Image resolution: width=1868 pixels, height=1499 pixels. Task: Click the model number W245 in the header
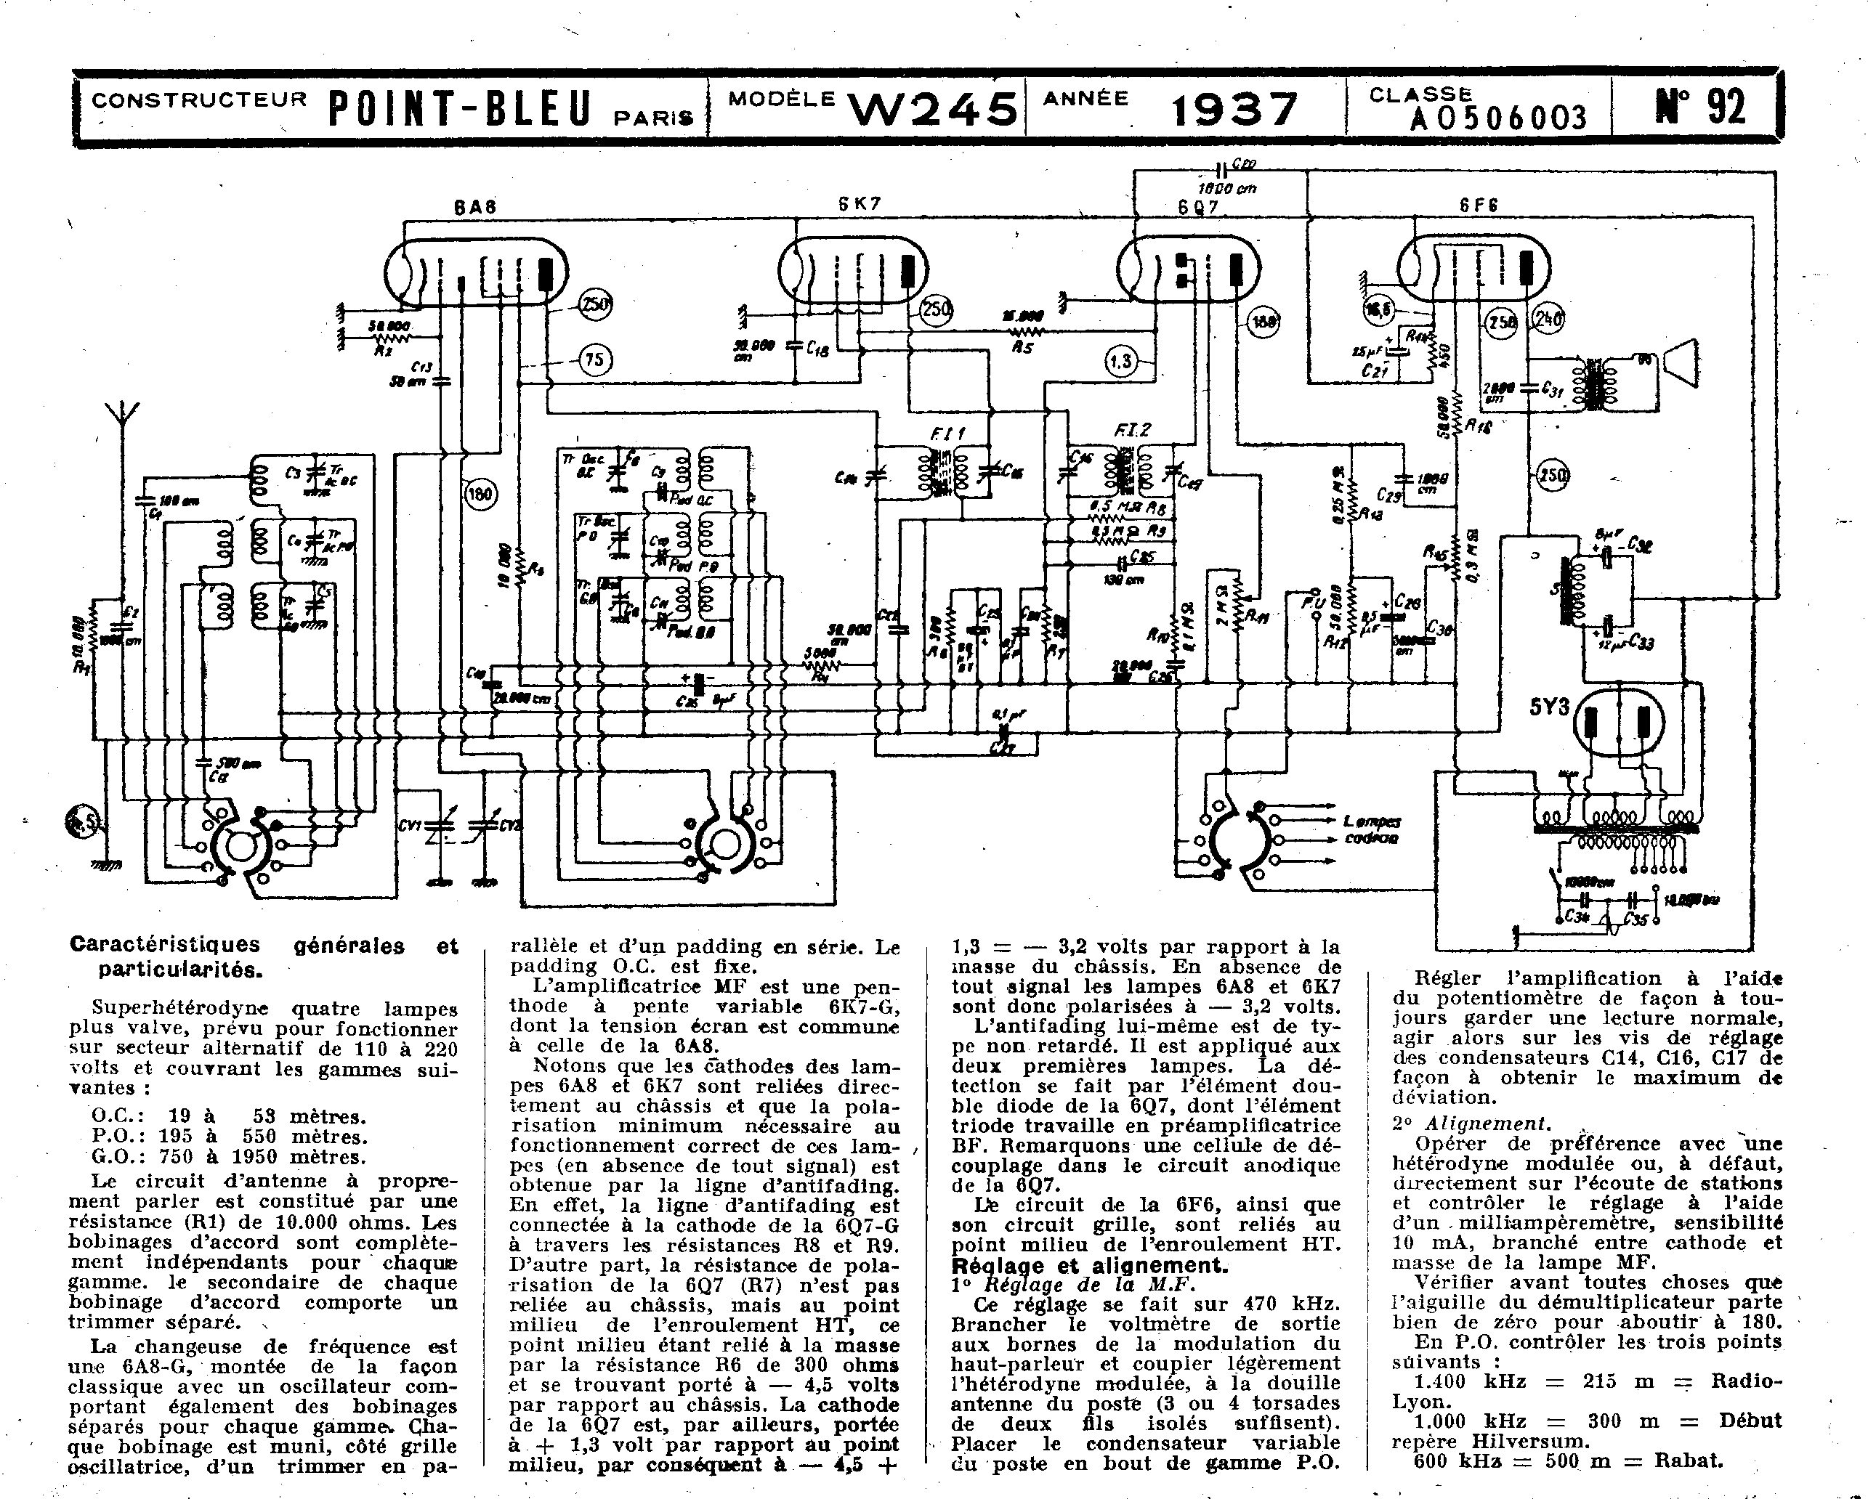(x=931, y=110)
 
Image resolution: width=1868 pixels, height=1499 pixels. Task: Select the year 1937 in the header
(x=1234, y=110)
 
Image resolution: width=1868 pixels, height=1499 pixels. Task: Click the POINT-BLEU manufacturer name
(x=460, y=110)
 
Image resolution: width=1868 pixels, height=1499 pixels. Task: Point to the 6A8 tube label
(x=474, y=208)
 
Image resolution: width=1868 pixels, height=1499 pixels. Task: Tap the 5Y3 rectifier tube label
(x=1549, y=707)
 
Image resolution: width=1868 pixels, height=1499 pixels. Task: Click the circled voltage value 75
(x=594, y=359)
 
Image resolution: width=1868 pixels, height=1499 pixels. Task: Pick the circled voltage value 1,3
(x=1122, y=360)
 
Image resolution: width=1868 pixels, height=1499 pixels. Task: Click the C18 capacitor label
(x=817, y=349)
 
